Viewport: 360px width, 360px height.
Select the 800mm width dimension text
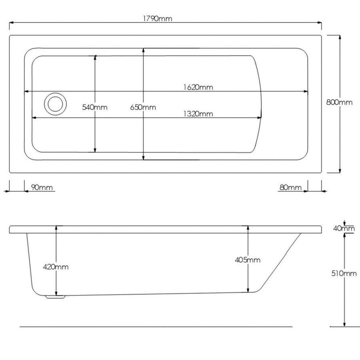point(339,102)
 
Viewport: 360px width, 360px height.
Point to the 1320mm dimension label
point(198,114)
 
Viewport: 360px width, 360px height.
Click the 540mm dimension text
point(95,107)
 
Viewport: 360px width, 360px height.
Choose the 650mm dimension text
point(143,107)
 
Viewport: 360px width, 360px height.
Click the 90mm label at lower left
point(39,188)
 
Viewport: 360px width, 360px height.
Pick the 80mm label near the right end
point(290,188)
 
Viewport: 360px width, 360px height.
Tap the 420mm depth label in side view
point(56,267)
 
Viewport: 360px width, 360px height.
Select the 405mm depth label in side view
point(248,260)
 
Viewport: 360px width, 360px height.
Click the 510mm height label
point(344,274)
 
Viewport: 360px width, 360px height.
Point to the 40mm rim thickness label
point(344,228)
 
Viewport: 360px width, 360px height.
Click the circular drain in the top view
point(54,103)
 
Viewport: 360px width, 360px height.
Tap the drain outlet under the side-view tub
point(55,297)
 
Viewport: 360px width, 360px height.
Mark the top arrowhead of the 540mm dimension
point(95,58)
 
